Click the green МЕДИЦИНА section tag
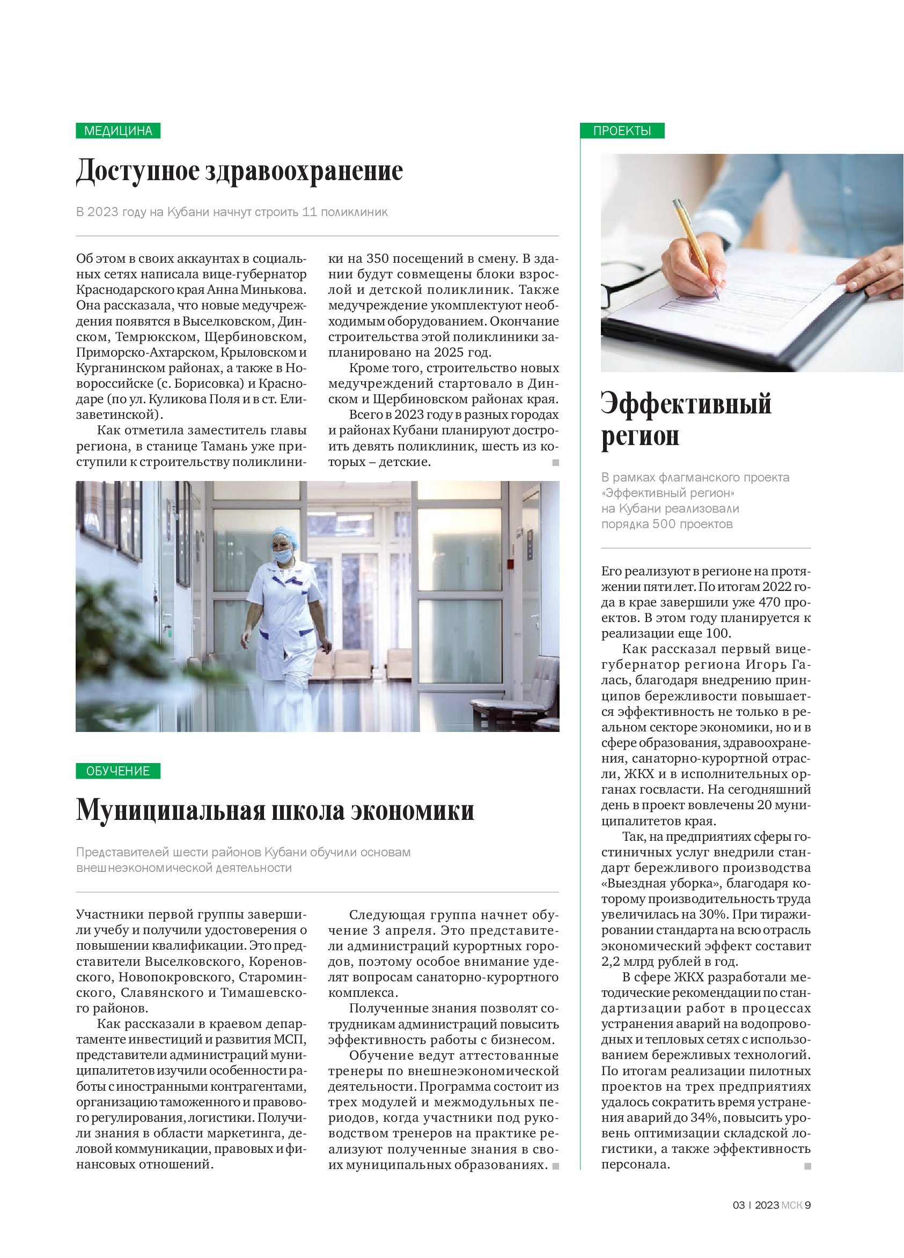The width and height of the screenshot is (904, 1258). [117, 131]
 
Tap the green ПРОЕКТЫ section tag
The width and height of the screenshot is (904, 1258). [622, 131]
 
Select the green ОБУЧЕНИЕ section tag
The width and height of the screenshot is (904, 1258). [117, 771]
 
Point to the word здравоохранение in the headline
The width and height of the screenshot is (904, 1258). [304, 172]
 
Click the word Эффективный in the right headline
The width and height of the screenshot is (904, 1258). [686, 404]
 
